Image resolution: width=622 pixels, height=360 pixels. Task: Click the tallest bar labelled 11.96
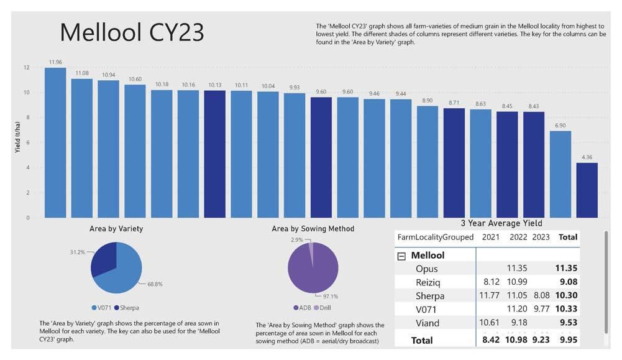55,142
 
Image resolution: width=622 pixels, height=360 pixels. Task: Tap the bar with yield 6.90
560,174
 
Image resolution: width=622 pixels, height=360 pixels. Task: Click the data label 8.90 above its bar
427,100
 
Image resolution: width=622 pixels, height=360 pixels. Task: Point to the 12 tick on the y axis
25,68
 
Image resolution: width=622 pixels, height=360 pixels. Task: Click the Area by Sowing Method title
313,229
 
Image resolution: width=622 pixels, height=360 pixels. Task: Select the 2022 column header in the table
518,237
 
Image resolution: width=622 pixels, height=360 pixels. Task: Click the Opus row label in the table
427,269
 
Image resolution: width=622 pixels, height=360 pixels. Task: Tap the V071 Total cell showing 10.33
566,309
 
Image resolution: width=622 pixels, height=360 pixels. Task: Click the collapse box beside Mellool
401,256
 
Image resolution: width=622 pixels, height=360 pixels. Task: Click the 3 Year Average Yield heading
501,223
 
